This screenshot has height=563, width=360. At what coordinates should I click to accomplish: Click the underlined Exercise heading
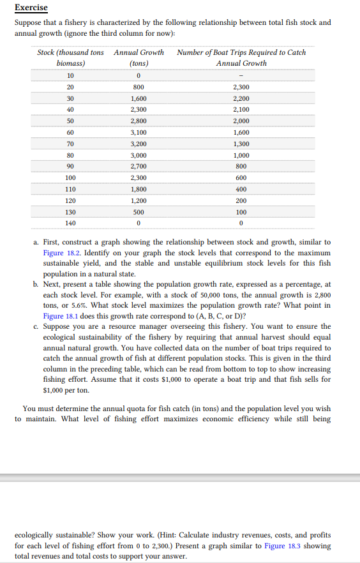(x=31, y=8)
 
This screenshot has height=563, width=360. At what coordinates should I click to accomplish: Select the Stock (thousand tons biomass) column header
(x=70, y=57)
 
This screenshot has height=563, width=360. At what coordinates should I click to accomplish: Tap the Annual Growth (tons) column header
(x=139, y=57)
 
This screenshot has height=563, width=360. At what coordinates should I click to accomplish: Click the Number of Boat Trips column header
(x=241, y=57)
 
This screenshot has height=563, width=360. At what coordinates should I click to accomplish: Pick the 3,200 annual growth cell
(x=139, y=144)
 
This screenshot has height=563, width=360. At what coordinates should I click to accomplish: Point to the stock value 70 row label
(x=70, y=144)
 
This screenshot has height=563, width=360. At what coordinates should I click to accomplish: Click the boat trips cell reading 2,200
(x=241, y=98)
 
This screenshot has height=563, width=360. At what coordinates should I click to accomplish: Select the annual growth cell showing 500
(x=139, y=211)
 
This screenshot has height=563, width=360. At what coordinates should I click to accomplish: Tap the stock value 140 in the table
(x=70, y=223)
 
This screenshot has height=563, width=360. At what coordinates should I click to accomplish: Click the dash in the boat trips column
(x=241, y=75)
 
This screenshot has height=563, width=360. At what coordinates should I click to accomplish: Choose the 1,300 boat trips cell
(x=241, y=144)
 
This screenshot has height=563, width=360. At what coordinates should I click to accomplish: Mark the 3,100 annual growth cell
(x=139, y=133)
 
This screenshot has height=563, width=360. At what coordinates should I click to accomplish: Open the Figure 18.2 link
(x=63, y=252)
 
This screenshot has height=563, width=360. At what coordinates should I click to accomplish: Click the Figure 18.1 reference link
(x=63, y=316)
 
